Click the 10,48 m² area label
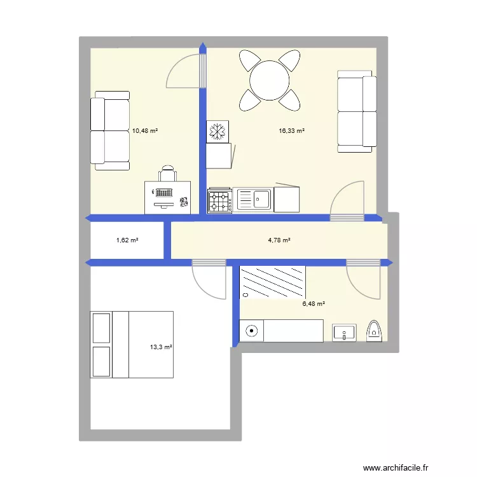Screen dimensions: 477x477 click(x=144, y=131)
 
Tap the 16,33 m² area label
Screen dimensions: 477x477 click(x=291, y=131)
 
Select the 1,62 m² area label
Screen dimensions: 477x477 click(x=127, y=240)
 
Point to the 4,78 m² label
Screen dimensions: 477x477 click(x=279, y=240)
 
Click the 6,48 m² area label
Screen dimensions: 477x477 click(x=314, y=304)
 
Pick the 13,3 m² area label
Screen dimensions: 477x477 click(x=161, y=347)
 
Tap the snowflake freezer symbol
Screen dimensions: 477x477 click(x=218, y=132)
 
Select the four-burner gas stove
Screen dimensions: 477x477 click(x=220, y=200)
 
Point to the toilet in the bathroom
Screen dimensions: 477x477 click(x=375, y=331)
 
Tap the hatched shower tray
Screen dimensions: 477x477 click(x=273, y=282)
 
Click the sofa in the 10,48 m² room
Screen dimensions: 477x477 click(x=111, y=130)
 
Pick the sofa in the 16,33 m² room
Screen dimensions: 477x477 click(x=355, y=111)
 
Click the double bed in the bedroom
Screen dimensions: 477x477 click(x=132, y=344)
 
